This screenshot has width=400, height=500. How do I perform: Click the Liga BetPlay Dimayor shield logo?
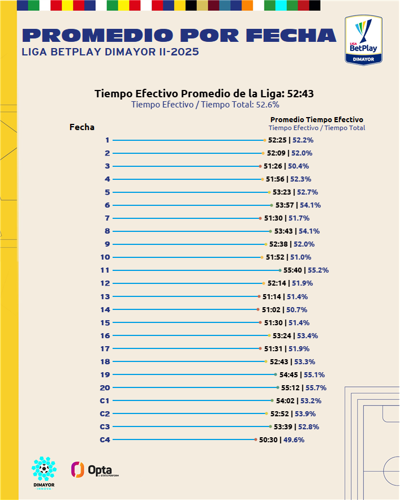coord(364,40)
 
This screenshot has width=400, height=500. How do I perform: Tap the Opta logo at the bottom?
coord(94,469)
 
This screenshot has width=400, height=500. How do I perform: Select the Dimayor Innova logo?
coord(44,472)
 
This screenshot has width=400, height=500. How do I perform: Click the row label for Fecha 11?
coord(105,270)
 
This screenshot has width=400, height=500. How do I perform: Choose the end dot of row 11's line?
coord(279,270)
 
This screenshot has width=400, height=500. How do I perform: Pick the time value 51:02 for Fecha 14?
coord(271,309)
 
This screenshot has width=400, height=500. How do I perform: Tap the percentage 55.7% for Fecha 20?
coord(316,387)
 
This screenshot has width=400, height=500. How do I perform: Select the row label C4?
coord(105,439)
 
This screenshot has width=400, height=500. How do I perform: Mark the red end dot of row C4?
coord(256,439)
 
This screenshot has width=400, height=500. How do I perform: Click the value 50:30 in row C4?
coord(269,439)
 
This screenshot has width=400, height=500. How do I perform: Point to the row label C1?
coord(105,400)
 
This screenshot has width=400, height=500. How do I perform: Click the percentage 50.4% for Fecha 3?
coord(298,166)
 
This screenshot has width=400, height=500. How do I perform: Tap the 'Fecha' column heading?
coord(82,127)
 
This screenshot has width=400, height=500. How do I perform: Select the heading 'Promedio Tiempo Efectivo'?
coord(317,119)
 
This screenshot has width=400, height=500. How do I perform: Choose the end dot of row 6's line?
coord(272,205)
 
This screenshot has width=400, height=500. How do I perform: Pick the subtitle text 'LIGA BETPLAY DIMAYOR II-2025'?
coord(110,52)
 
